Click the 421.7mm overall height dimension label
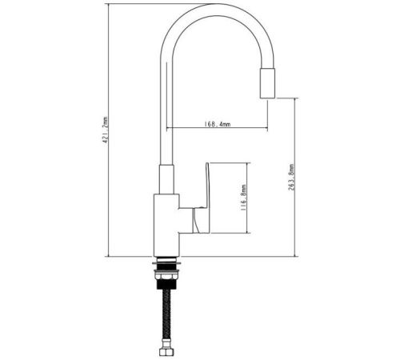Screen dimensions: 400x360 106,130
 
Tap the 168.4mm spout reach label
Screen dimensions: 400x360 218,124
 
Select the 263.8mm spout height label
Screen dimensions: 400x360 291,178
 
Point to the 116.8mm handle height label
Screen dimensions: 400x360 243,198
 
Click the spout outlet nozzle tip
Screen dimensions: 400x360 267,83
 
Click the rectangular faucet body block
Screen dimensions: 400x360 166,226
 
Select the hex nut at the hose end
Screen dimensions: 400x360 167,351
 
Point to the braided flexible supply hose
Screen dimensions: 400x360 167,318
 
